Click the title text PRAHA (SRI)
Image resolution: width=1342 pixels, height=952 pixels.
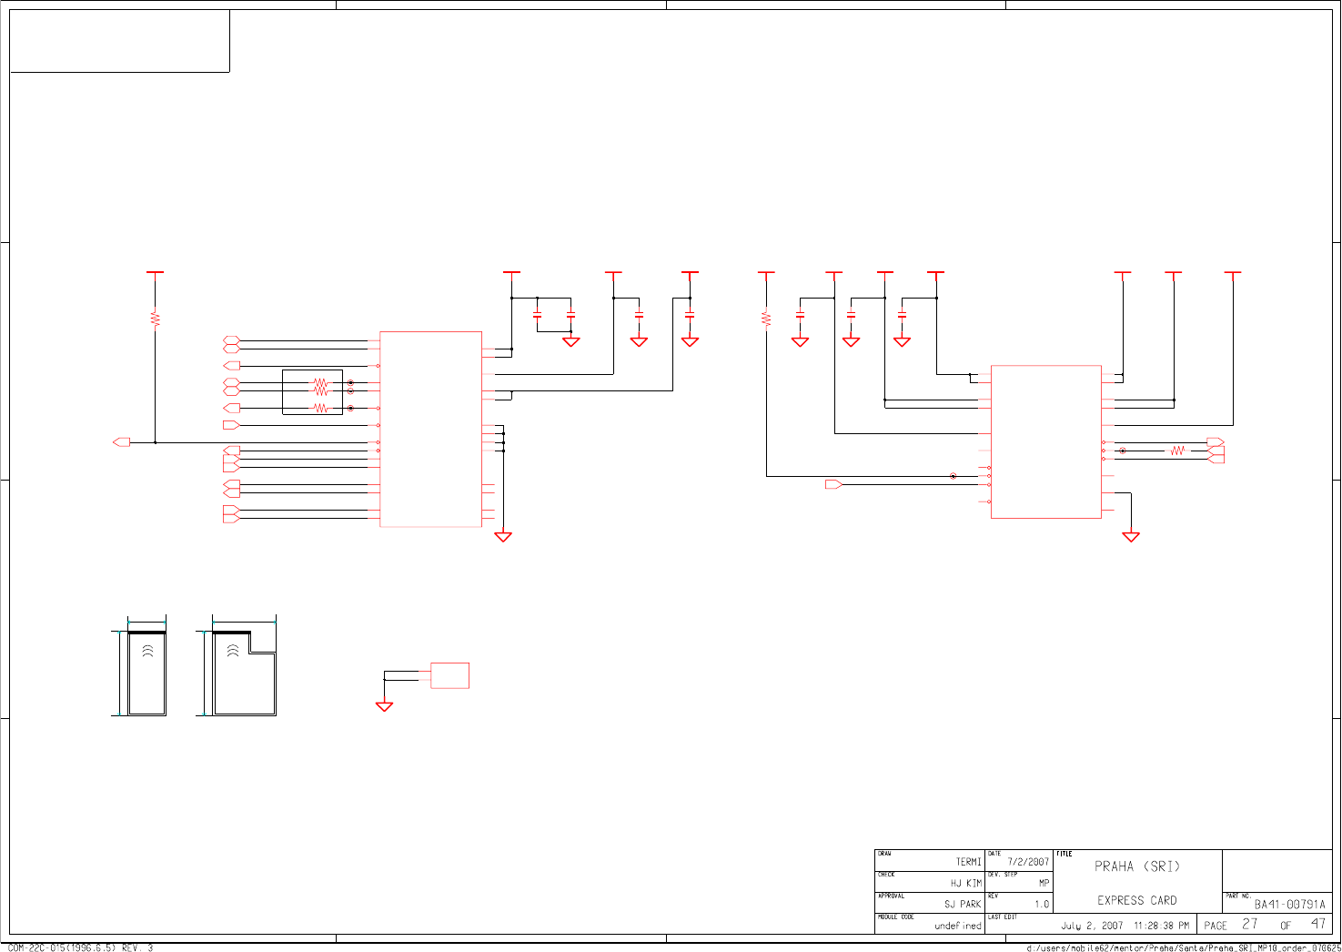pyautogui.click(x=1136, y=866)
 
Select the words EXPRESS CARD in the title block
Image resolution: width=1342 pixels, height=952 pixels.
pyautogui.click(x=1136, y=901)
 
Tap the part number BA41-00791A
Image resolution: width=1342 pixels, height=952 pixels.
pyautogui.click(x=1289, y=905)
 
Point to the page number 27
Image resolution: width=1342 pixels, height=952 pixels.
pyautogui.click(x=1250, y=924)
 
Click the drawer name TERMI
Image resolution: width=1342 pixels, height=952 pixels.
pyautogui.click(x=968, y=862)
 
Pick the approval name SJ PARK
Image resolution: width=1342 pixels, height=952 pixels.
pyautogui.click(x=963, y=905)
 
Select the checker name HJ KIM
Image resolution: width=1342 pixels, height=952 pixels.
pyautogui.click(x=965, y=883)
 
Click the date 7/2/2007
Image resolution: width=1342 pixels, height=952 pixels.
pyautogui.click(x=1027, y=862)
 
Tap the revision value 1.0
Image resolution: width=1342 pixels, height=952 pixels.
pyautogui.click(x=1041, y=905)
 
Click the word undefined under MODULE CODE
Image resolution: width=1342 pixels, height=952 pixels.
pyautogui.click(x=957, y=926)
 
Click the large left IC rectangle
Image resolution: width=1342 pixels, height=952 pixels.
pyautogui.click(x=430, y=429)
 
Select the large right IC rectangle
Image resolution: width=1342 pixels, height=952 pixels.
pyautogui.click(x=1045, y=441)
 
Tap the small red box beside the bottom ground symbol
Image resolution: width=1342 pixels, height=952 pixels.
pyautogui.click(x=449, y=675)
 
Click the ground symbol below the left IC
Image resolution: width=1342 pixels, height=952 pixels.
pyautogui.click(x=502, y=537)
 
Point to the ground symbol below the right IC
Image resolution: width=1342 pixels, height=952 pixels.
pyautogui.click(x=1130, y=537)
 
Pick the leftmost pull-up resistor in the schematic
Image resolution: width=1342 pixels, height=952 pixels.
pyautogui.click(x=156, y=319)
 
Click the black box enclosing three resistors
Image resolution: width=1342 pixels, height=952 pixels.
pyautogui.click(x=312, y=392)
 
